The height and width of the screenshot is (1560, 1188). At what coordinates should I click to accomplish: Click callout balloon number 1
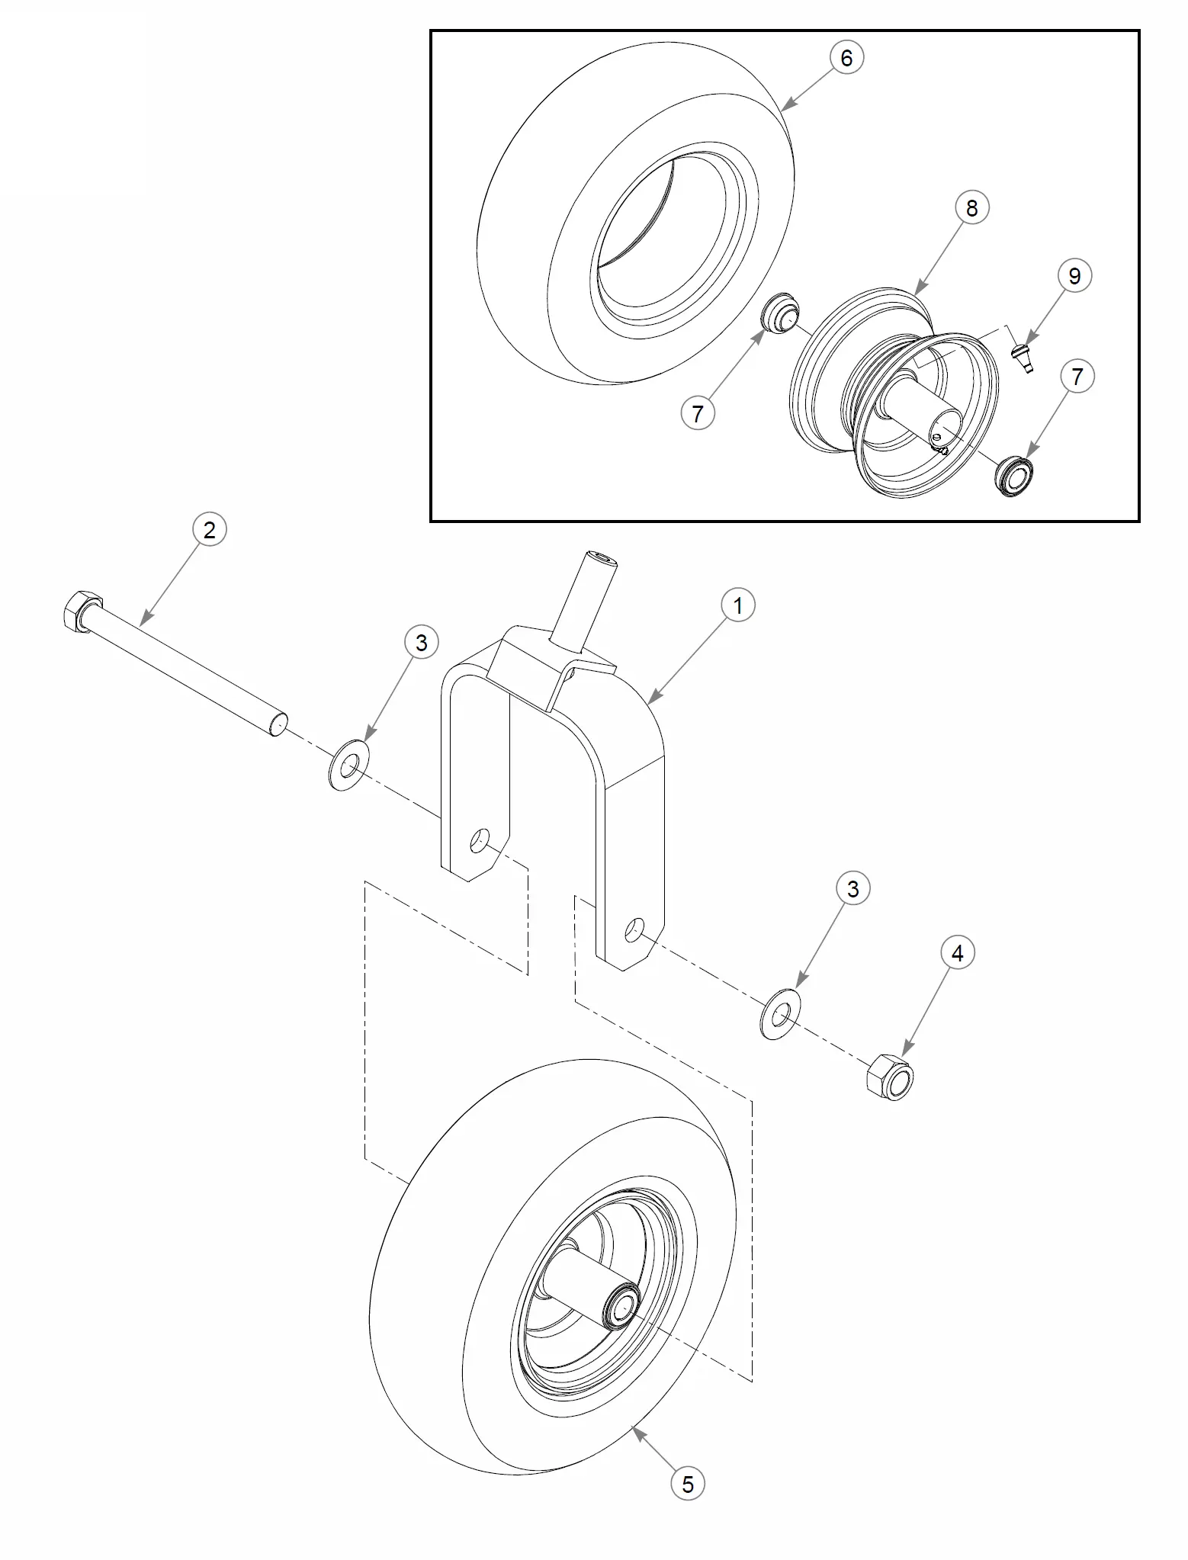pyautogui.click(x=737, y=605)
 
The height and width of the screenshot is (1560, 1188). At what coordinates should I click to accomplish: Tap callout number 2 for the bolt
pyautogui.click(x=210, y=529)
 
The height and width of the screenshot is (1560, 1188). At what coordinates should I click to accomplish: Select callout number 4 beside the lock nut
pyautogui.click(x=958, y=952)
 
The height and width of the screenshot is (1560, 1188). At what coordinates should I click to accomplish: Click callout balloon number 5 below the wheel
pyautogui.click(x=688, y=1484)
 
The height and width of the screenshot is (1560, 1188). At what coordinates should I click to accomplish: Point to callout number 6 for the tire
pyautogui.click(x=846, y=57)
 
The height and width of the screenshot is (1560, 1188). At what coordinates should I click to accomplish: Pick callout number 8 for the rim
pyautogui.click(x=971, y=207)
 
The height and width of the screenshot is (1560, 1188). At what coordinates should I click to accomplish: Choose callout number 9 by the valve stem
pyautogui.click(x=1074, y=275)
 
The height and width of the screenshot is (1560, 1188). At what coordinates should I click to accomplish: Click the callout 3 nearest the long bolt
pyautogui.click(x=422, y=643)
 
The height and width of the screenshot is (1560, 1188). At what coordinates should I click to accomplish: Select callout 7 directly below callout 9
pyautogui.click(x=1077, y=377)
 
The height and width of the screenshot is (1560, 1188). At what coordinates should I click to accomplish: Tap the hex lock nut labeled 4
pyautogui.click(x=891, y=1077)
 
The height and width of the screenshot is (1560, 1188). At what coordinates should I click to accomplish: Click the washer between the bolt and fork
pyautogui.click(x=348, y=762)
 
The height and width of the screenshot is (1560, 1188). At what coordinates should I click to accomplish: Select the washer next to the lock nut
pyautogui.click(x=779, y=1015)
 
